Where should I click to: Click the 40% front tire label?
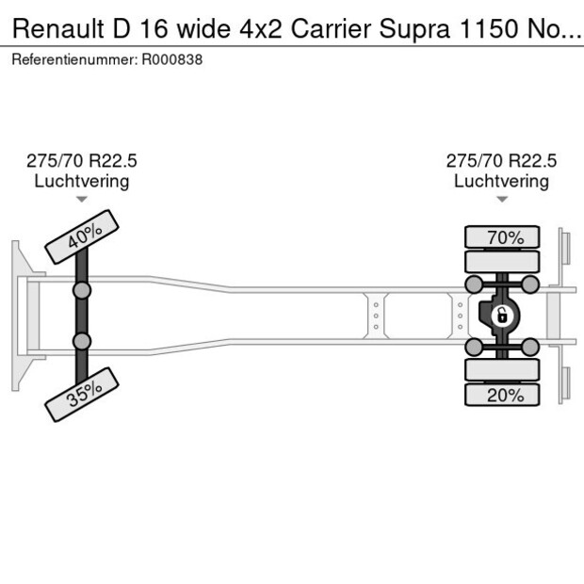click(x=83, y=235)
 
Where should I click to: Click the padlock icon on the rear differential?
click(x=502, y=315)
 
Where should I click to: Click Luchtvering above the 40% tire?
click(x=81, y=181)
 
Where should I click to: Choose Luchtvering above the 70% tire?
click(x=501, y=181)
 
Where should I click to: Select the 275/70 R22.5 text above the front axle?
click(x=81, y=161)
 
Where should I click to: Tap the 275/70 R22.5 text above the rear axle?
click(x=501, y=161)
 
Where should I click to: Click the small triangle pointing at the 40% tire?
click(x=82, y=200)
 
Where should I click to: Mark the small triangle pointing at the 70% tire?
click(x=502, y=200)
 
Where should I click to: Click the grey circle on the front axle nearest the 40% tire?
click(x=82, y=290)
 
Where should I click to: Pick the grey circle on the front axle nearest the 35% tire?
click(x=82, y=340)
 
